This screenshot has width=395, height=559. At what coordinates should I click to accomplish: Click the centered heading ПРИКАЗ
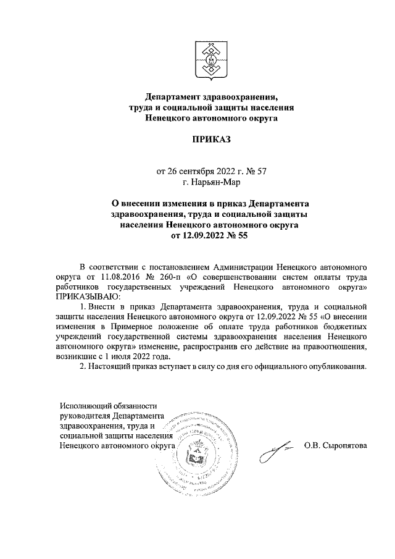tap(209, 140)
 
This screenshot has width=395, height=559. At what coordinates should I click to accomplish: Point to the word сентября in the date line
tap(197, 171)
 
